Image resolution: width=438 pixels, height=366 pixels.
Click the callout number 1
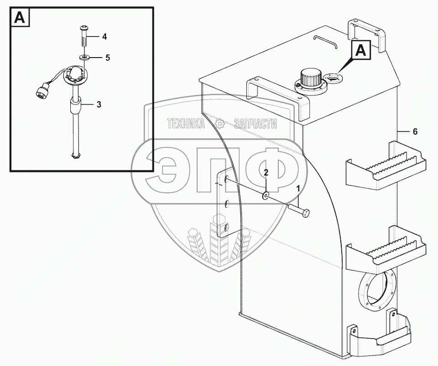click(x=298, y=188)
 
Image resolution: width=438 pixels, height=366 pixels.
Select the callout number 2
click(x=266, y=172)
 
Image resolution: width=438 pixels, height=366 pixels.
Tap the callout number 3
click(x=99, y=105)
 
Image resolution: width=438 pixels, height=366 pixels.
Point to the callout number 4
click(x=104, y=36)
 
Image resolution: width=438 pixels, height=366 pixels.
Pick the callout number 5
click(x=108, y=58)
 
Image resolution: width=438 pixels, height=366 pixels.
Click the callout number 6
click(x=415, y=132)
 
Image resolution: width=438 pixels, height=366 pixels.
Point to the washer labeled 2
click(x=266, y=196)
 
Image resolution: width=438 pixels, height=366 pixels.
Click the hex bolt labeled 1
click(x=299, y=210)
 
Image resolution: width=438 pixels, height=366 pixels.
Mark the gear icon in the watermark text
click(x=220, y=123)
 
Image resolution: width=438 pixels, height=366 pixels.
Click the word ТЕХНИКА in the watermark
click(x=186, y=123)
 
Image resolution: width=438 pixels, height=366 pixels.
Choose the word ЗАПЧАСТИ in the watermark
click(x=255, y=123)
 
